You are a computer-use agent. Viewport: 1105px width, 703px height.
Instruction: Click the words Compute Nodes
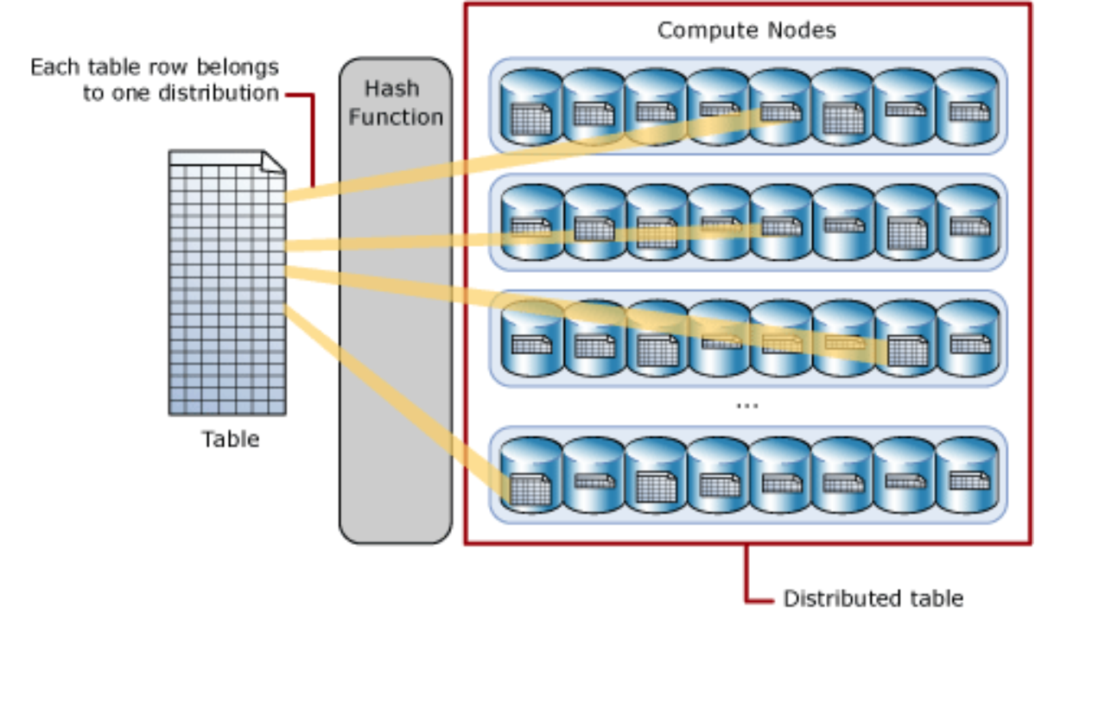(x=746, y=30)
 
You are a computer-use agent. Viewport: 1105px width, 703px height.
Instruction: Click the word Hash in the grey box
(x=391, y=89)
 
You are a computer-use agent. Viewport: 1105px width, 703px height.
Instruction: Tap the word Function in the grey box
(x=396, y=117)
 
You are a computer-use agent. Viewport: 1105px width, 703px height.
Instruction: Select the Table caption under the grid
(x=231, y=439)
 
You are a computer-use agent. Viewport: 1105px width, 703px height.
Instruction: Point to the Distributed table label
(x=873, y=598)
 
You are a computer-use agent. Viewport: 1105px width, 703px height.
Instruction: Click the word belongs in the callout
(x=238, y=67)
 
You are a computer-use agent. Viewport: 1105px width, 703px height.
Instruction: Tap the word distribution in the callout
(x=219, y=93)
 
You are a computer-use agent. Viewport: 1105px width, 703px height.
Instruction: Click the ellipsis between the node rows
(x=746, y=406)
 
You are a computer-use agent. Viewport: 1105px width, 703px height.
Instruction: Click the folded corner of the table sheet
(x=273, y=161)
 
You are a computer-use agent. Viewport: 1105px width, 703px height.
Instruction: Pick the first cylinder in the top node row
(x=531, y=106)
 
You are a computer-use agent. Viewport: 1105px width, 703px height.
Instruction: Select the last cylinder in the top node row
(x=967, y=106)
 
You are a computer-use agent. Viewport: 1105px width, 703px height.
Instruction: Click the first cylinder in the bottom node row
(x=531, y=475)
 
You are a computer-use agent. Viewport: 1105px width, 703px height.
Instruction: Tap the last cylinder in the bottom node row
(x=967, y=475)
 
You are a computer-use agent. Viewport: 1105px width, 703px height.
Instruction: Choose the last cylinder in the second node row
(x=968, y=222)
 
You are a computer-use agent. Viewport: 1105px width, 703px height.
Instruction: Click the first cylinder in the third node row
(x=532, y=339)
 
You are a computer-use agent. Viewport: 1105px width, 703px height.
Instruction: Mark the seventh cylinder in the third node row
(x=905, y=339)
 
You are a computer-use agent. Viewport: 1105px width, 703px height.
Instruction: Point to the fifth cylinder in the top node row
(x=780, y=106)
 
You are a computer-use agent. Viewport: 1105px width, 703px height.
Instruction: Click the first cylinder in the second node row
(x=532, y=222)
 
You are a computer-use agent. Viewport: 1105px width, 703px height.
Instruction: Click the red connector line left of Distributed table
(x=746, y=573)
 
